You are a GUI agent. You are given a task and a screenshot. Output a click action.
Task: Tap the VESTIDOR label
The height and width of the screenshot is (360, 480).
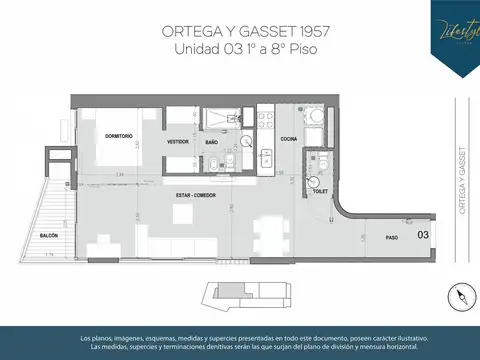tap(178, 142)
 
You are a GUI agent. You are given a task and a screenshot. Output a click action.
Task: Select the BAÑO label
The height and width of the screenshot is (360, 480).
tap(211, 142)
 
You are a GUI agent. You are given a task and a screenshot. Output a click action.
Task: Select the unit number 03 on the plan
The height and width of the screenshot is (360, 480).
tap(423, 235)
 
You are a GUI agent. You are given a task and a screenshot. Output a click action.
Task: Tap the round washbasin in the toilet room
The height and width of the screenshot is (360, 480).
tap(316, 183)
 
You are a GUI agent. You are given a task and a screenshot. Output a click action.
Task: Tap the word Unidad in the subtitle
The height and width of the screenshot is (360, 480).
tap(198, 48)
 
